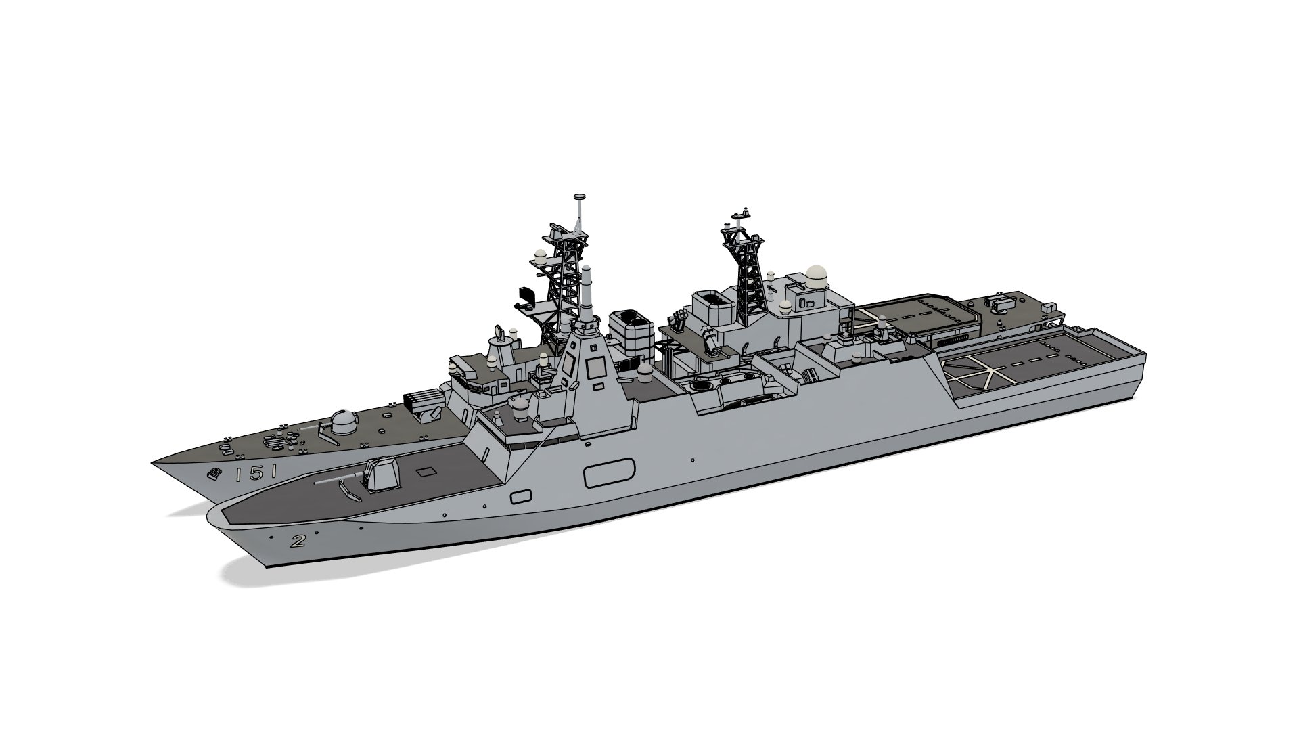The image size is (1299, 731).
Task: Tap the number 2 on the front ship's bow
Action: point(296,540)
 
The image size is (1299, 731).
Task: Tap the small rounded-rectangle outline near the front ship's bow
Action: point(520,497)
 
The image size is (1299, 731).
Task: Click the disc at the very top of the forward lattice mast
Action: point(579,197)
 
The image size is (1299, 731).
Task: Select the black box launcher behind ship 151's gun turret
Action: point(423,404)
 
